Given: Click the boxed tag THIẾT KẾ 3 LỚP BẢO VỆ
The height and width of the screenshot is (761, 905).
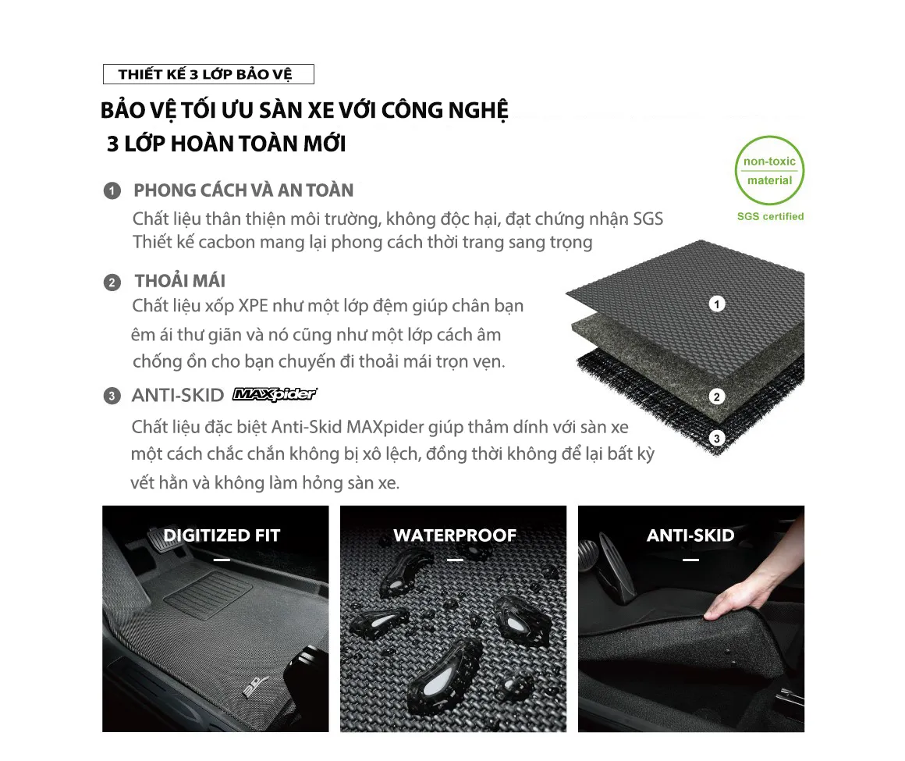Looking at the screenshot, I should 208,74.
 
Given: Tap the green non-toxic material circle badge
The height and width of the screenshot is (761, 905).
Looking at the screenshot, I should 769,171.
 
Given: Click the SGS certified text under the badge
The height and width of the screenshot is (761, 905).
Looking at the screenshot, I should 770,216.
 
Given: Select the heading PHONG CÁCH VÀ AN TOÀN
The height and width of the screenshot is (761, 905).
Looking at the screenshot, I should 243,190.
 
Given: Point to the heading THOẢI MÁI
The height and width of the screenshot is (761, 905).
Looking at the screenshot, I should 180,281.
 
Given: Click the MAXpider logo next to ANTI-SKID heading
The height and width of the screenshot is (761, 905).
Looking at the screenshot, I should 275,394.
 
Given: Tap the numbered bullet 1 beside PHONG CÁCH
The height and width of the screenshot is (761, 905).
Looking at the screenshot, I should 112,191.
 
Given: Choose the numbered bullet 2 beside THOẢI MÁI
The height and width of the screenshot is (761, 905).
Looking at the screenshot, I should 112,283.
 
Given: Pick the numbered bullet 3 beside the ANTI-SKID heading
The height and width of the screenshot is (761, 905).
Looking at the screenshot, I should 112,396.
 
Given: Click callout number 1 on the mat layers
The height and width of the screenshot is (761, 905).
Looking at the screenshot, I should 716,304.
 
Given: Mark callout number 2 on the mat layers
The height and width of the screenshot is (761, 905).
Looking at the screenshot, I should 716,397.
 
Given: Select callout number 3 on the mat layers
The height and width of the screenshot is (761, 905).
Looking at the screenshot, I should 716,439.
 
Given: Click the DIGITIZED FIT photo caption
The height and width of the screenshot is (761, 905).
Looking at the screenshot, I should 222,535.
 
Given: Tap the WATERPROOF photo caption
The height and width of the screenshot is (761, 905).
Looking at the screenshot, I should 455,535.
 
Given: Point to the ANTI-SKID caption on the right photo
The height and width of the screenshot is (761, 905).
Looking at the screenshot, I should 690,535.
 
